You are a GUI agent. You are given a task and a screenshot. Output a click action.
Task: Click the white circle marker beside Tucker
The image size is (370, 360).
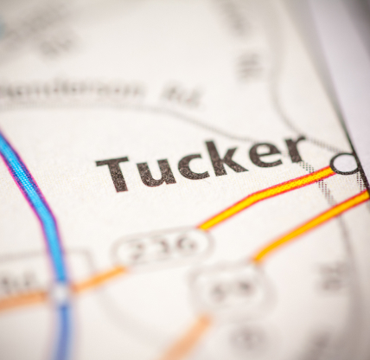(344, 163)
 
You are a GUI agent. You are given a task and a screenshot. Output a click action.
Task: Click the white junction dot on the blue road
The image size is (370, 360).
(60, 292)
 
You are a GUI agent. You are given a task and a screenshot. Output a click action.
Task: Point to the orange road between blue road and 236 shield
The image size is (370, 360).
(95, 280)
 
